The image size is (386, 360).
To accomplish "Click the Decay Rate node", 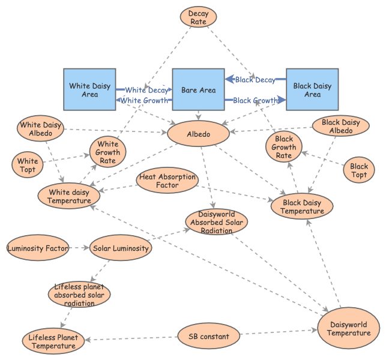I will point(198,17).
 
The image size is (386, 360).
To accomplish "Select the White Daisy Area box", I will point(90,90).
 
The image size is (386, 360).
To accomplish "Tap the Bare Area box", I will point(198,90).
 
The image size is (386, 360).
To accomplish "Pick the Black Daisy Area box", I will point(312,90).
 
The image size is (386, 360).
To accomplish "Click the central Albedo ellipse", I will point(198,134).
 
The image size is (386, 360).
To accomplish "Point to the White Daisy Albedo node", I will point(40,129).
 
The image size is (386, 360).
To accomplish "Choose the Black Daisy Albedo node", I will point(340,127).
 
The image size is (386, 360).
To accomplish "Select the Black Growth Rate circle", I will point(284,148).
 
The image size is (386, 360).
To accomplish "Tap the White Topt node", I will point(28,165).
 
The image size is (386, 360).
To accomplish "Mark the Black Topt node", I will point(359,170).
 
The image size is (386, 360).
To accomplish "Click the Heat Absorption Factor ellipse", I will point(167,181).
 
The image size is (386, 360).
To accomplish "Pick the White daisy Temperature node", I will point(70,196).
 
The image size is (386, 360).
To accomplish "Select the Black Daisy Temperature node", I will point(302,207).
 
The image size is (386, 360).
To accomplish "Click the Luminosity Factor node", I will point(37,248).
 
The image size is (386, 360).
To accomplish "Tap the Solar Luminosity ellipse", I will point(120,248).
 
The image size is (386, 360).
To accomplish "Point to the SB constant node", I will point(209,337).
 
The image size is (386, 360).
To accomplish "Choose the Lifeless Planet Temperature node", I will point(53,342).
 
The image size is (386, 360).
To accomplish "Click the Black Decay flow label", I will point(255,80).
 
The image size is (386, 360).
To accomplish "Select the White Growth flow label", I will point(144,100).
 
